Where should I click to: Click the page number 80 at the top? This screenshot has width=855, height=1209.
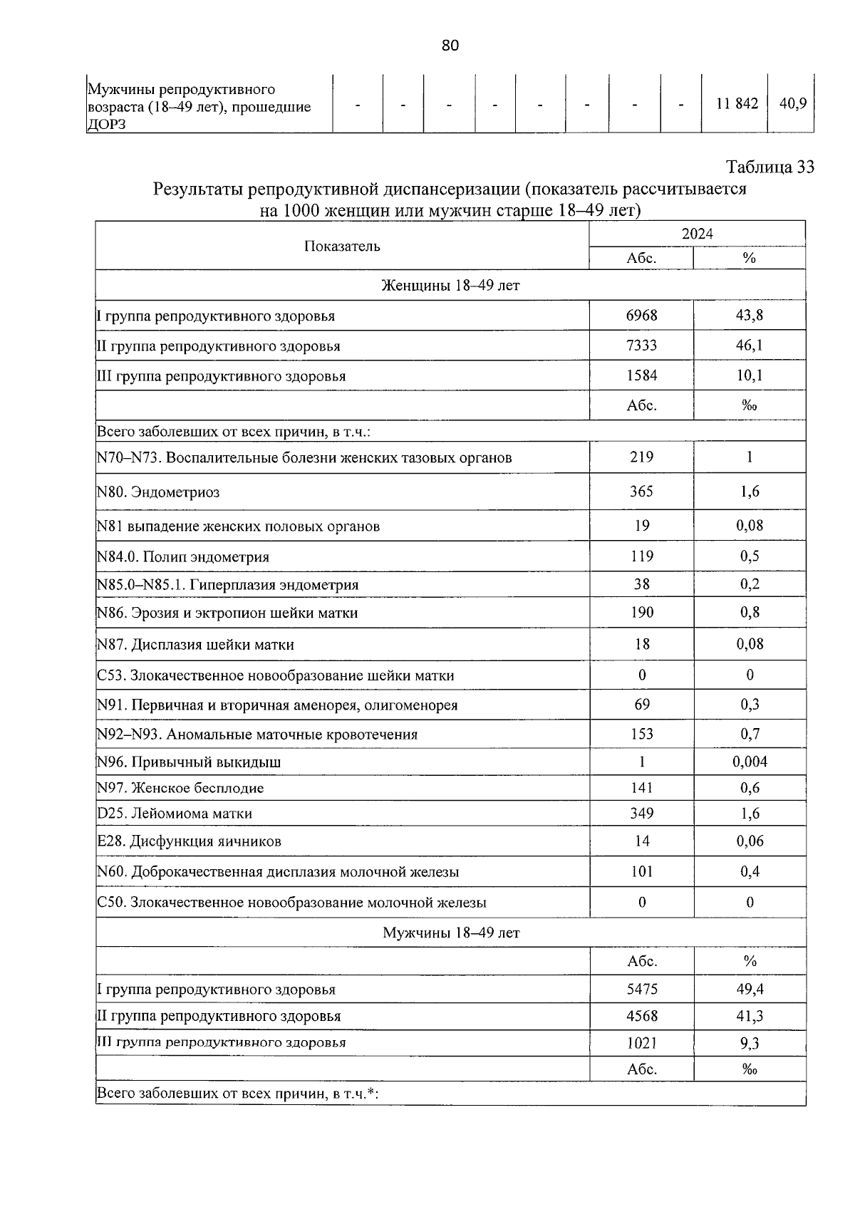coord(450,46)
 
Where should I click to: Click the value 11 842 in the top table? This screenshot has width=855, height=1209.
coord(737,104)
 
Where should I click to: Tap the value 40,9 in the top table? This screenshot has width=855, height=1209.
coord(792,104)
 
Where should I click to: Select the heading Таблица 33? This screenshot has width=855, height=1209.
coord(769,167)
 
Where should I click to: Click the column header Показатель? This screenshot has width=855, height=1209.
coord(342,247)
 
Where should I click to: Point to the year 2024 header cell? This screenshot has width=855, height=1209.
coord(697,234)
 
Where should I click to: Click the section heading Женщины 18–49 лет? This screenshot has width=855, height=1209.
coord(450,286)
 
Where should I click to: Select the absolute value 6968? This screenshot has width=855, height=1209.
coord(641,315)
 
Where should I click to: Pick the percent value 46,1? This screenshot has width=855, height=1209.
coord(749,346)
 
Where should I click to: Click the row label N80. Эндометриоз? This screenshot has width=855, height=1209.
coord(158,492)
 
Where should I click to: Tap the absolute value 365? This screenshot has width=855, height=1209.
coord(641,492)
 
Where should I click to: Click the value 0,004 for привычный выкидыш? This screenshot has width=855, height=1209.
coord(750,762)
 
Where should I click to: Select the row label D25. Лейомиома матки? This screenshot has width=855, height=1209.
coord(175,814)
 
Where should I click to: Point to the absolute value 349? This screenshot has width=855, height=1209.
coord(641,814)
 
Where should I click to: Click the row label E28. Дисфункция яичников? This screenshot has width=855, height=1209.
coord(189,841)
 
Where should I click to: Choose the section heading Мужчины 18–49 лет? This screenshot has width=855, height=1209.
coord(451,933)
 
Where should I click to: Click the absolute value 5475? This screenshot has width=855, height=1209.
coord(641,989)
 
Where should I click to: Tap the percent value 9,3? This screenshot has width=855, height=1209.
coord(750,1044)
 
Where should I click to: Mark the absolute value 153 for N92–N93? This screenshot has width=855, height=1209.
coord(641,734)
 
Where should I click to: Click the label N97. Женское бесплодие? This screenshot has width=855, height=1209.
coord(180,789)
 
